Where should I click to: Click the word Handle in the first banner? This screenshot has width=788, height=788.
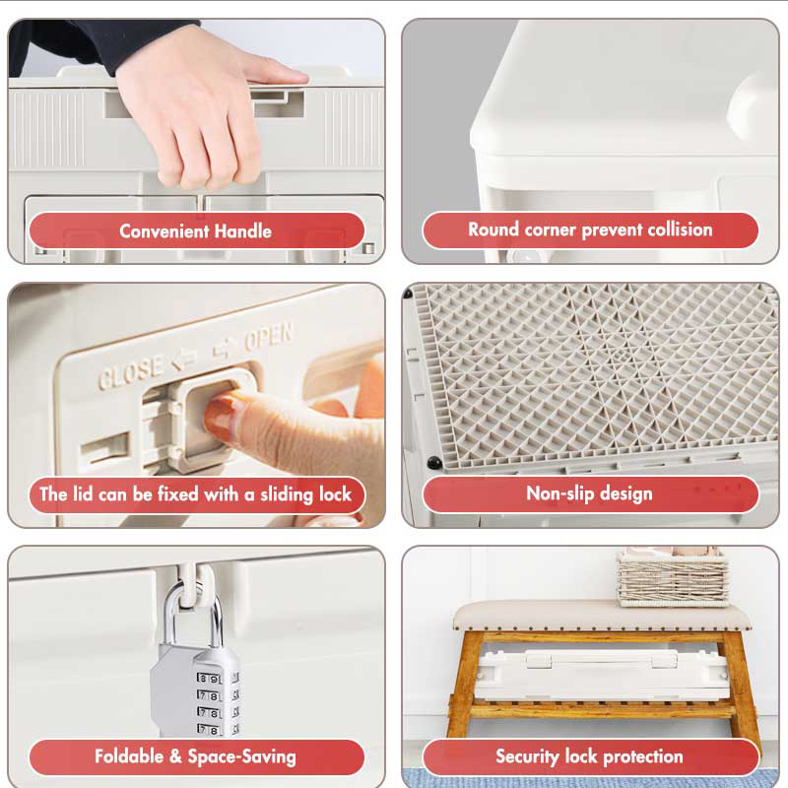pyautogui.click(x=243, y=231)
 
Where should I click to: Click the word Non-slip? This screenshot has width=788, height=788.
pyautogui.click(x=559, y=494)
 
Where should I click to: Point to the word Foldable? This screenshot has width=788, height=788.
pyautogui.click(x=129, y=756)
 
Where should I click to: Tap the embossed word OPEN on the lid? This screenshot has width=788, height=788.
pyautogui.click(x=268, y=336)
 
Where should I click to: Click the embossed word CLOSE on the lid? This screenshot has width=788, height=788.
pyautogui.click(x=130, y=373)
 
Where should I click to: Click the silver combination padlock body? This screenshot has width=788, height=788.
pyautogui.click(x=196, y=691)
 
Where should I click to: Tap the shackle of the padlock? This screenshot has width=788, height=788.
pyautogui.click(x=193, y=614)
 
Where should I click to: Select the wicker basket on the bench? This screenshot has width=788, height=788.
pyautogui.click(x=673, y=578)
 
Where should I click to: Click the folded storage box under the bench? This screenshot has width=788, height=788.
pyautogui.click(x=602, y=674)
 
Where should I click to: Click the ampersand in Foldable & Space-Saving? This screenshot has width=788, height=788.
pyautogui.click(x=175, y=756)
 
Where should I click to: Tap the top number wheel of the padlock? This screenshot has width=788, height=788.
pyautogui.click(x=210, y=679)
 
